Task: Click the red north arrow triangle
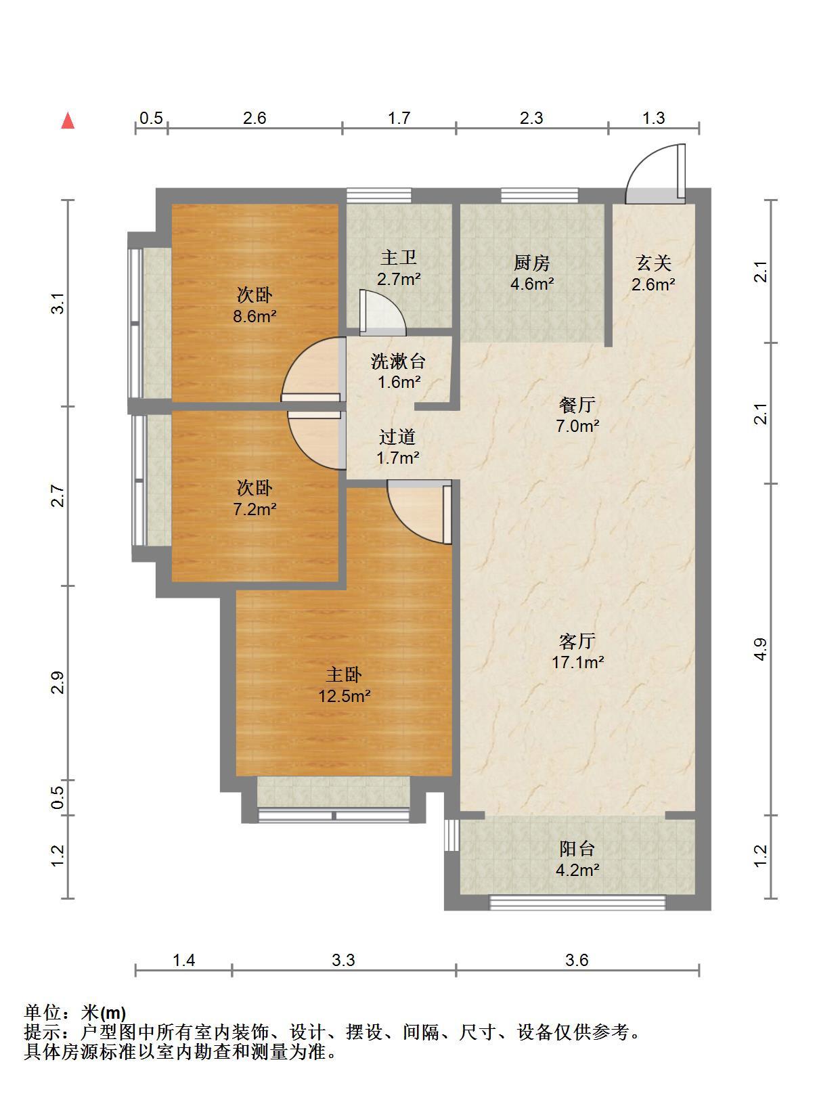(68, 121)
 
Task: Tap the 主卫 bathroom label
(399, 258)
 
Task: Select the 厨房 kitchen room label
(532, 263)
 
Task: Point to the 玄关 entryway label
(653, 263)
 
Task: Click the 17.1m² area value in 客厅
(577, 663)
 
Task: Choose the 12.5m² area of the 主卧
(345, 696)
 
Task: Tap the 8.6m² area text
(255, 316)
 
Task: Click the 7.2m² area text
(255, 509)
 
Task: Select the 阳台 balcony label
(577, 849)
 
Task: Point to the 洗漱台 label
(399, 361)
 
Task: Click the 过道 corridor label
(397, 437)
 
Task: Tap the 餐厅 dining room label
(577, 405)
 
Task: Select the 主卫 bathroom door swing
(382, 313)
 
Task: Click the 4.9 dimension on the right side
(760, 649)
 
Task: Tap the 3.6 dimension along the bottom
(577, 961)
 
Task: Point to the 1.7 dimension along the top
(399, 118)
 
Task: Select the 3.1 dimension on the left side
(58, 303)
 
